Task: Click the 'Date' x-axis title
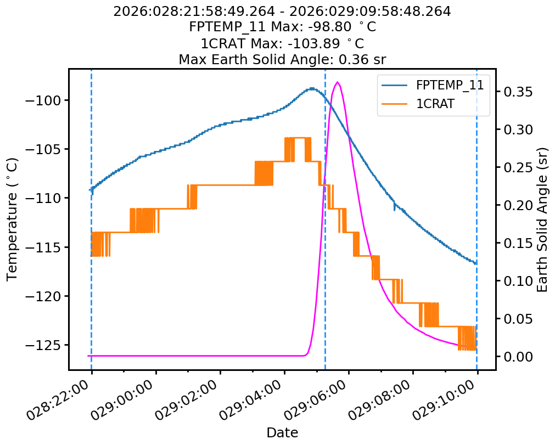click(x=282, y=433)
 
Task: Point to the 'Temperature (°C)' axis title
click(x=13, y=219)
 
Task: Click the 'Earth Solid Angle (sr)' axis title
click(x=542, y=219)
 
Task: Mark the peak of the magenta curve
click(x=337, y=82)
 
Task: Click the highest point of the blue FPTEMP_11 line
click(x=312, y=88)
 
